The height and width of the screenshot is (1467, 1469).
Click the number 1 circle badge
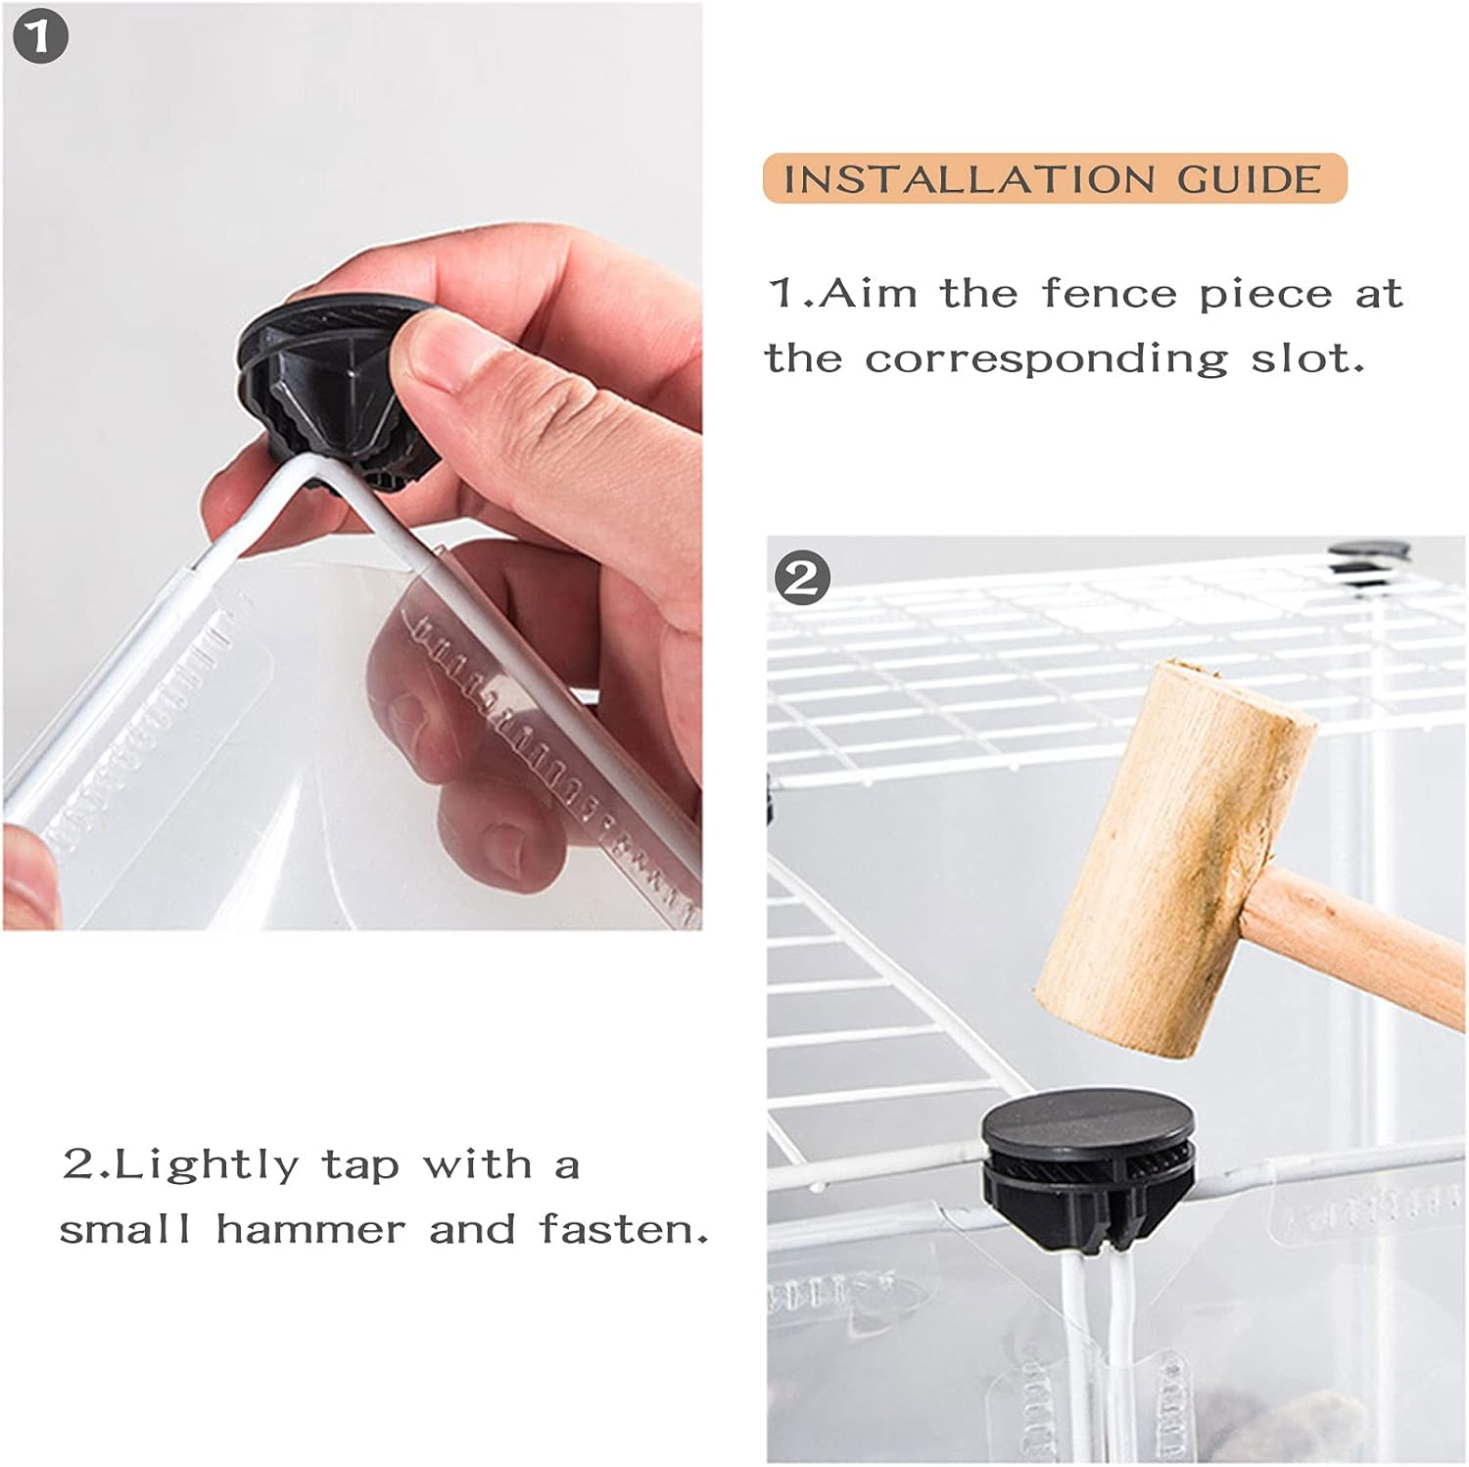coord(41,38)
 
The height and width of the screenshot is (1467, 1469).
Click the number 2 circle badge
coord(802,578)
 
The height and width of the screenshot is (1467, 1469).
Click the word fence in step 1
coord(1110,293)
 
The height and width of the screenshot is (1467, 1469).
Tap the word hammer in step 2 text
coord(310,1229)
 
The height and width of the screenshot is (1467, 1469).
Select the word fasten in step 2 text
coord(624,1229)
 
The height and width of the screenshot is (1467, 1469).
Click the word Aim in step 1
coord(868,293)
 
